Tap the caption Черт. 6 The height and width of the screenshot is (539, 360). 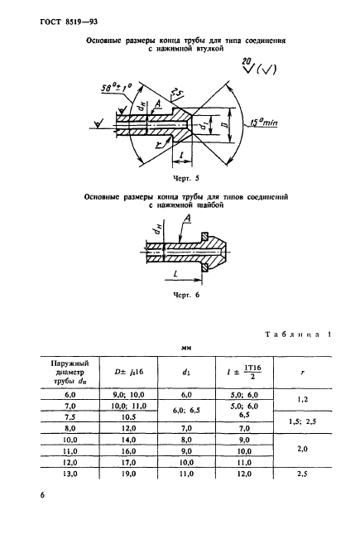tap(183, 294)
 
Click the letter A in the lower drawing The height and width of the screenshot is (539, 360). tap(190, 218)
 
